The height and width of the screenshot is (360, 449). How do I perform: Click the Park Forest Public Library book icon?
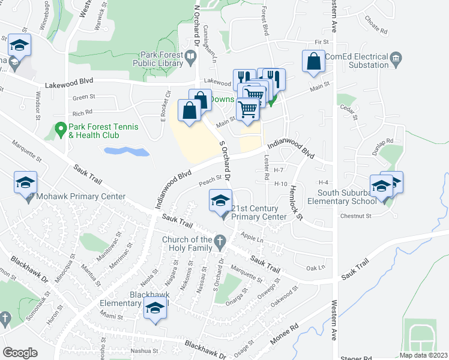click(x=190, y=58)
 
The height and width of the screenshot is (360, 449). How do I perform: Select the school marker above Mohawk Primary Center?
click(x=26, y=184)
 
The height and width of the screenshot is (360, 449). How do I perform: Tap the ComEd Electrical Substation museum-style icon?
click(x=396, y=58)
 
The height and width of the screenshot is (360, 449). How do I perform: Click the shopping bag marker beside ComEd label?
click(x=314, y=62)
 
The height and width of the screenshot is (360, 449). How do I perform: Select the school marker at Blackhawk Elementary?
click(x=155, y=308)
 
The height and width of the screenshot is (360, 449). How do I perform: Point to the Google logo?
click(x=20, y=353)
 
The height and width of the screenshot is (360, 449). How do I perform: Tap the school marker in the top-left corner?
click(x=19, y=46)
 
